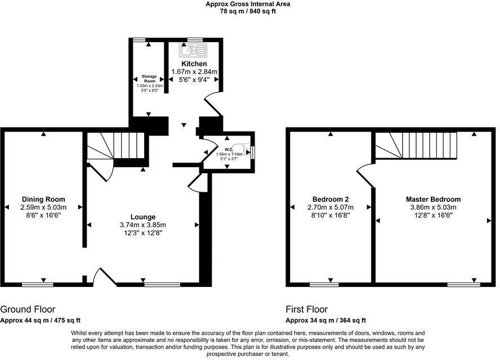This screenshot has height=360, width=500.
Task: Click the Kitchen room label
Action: pyautogui.click(x=194, y=64)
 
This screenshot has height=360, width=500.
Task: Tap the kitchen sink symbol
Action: pyautogui.click(x=194, y=49)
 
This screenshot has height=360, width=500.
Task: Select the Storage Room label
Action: pyautogui.click(x=149, y=79)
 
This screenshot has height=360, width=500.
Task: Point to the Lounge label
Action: pyautogui.click(x=143, y=217)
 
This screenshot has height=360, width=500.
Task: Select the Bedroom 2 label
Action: pyautogui.click(x=331, y=200)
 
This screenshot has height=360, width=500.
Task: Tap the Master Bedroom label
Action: pyautogui.click(x=433, y=200)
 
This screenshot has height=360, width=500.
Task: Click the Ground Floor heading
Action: pyautogui.click(x=28, y=309)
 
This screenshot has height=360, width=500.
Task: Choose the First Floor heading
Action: pyautogui.click(x=307, y=309)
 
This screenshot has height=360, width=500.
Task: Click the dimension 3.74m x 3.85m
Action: pyautogui.click(x=143, y=225)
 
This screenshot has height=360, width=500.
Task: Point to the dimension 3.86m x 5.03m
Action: pyautogui.click(x=433, y=208)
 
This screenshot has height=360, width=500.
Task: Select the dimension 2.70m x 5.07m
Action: pyautogui.click(x=331, y=208)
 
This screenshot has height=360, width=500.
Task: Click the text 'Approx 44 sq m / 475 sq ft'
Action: pyautogui.click(x=40, y=321)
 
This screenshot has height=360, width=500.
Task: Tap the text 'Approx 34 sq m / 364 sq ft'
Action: pyautogui.click(x=325, y=321)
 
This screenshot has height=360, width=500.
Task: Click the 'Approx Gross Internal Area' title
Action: pyautogui.click(x=248, y=4)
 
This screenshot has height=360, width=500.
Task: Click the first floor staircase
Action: pyautogui.click(x=416, y=145)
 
